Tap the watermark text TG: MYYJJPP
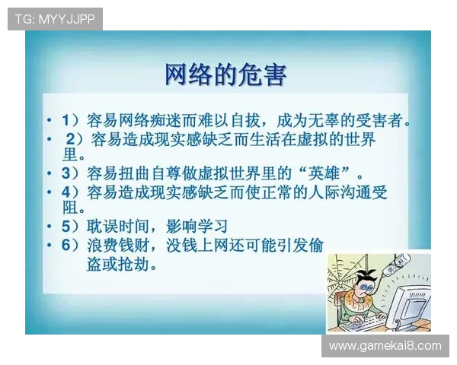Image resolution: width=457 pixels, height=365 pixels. pos(54,19)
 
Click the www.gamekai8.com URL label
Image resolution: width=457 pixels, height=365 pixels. pos(385,346)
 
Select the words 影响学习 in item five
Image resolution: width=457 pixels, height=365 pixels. pos(195,226)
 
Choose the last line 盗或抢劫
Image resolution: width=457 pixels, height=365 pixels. pos(122,265)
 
